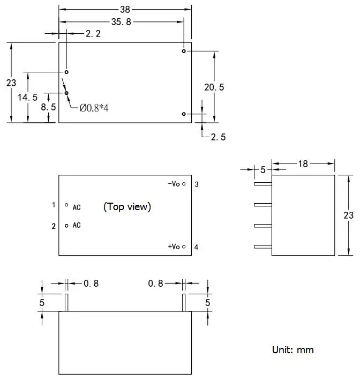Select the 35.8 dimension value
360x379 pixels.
coord(121,22)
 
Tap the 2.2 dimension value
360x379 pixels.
coord(93,34)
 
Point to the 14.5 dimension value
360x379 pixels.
coord(27,97)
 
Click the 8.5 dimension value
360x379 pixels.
coord(48,107)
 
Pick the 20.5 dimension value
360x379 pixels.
coord(214,87)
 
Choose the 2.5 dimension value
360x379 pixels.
coord(218,137)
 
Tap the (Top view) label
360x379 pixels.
coord(127,206)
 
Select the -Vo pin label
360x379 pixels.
coord(174,184)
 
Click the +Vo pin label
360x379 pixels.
coord(174,247)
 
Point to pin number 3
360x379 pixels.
coord(197,184)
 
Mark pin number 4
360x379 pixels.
coord(197,247)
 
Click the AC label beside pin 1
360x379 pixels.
coord(77,207)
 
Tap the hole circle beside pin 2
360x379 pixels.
coord(66,226)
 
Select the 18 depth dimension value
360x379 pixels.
coord(303,164)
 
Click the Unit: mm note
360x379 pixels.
coord(292,350)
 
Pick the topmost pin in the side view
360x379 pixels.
coord(263,184)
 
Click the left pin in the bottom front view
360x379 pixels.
coord(66,302)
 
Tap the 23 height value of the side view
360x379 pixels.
coord(348,215)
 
